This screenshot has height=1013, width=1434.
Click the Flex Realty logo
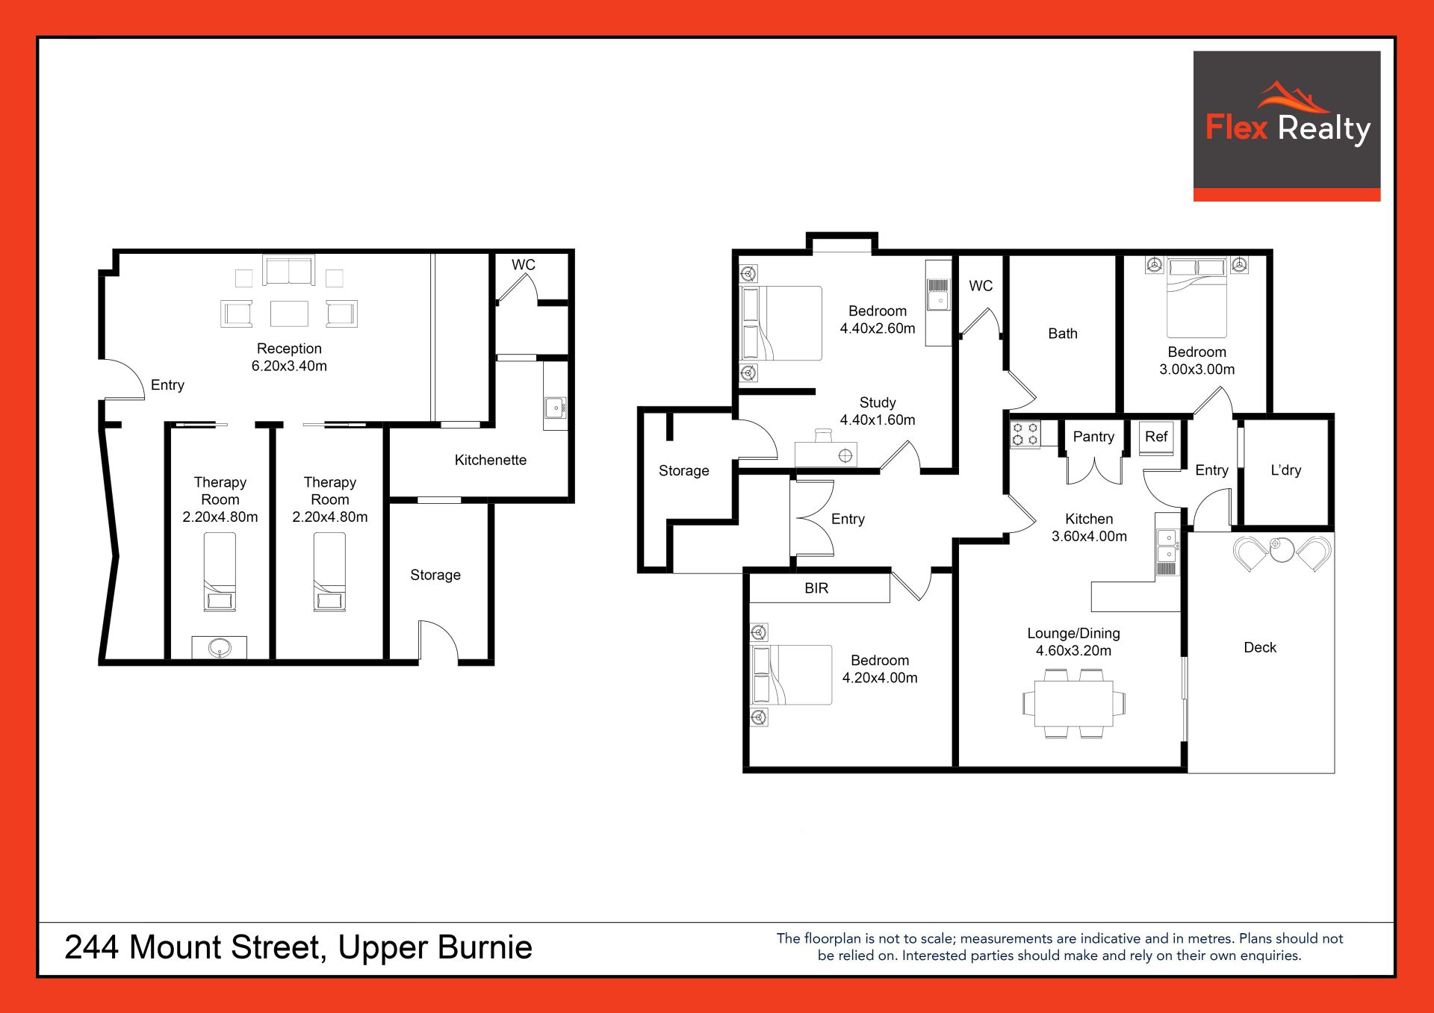[1286, 125]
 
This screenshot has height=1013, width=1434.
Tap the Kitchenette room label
[491, 460]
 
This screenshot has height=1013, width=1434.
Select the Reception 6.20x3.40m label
[289, 357]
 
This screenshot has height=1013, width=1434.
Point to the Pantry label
[1093, 437]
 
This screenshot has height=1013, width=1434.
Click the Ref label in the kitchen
[1156, 437]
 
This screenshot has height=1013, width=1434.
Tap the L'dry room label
[1286, 470]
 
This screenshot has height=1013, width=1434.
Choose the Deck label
[1260, 647]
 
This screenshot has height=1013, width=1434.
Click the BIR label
[816, 588]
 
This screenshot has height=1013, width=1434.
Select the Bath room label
[1063, 334]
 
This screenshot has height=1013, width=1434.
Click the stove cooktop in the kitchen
[1025, 434]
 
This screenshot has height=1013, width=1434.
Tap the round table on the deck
[1282, 549]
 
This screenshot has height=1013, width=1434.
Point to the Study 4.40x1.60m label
[878, 411]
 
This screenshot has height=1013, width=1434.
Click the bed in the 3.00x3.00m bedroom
[1196, 298]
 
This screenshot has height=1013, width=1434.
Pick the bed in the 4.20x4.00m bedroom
[792, 675]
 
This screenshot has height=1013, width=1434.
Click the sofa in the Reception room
[289, 270]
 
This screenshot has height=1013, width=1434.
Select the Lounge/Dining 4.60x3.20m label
[1073, 642]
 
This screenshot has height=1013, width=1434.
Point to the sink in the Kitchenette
[555, 408]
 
